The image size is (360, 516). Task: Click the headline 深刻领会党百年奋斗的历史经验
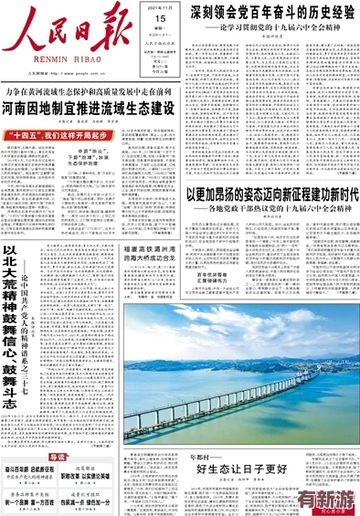(x=272, y=13)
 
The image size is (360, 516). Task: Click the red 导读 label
(x=58, y=457)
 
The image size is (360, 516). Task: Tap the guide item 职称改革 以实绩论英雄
(x=90, y=477)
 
